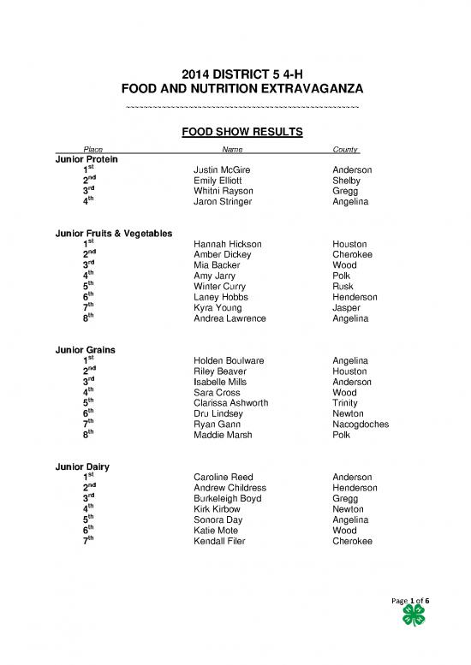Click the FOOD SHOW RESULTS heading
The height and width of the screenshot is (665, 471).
point(235,133)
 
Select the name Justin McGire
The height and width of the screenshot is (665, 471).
point(223,170)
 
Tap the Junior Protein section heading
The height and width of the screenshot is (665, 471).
point(86,159)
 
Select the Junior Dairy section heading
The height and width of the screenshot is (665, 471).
point(82,466)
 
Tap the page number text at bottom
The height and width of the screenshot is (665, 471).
point(410,603)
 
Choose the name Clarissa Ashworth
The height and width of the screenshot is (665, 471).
point(231,402)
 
